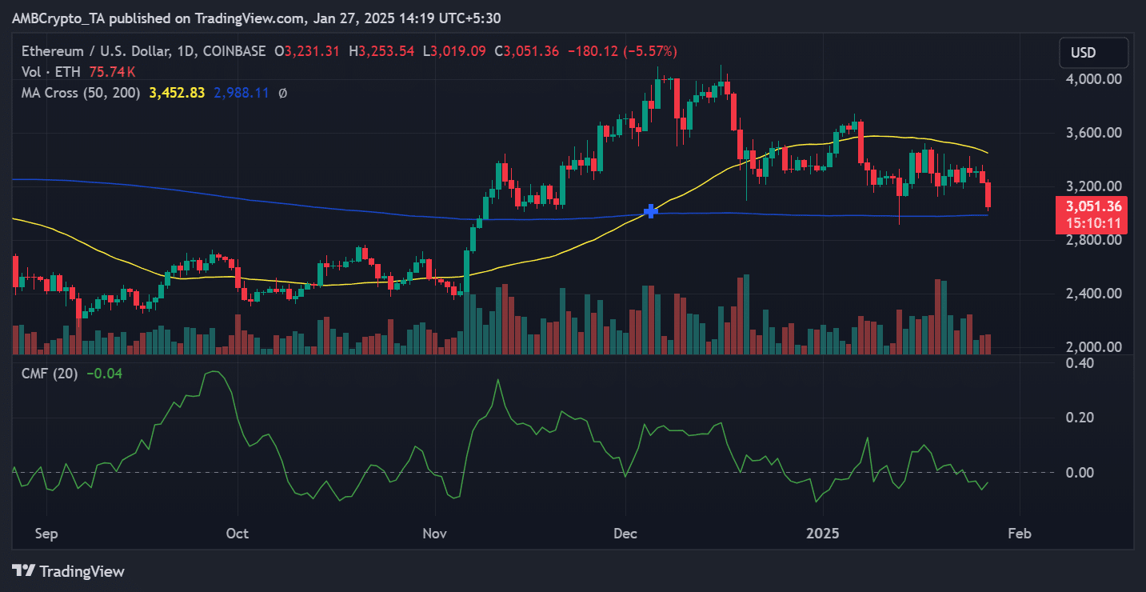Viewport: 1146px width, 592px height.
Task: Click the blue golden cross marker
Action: pyautogui.click(x=651, y=211)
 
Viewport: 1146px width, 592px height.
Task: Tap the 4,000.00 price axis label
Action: pyautogui.click(x=1094, y=79)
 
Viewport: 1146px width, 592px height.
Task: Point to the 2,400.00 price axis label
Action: pyautogui.click(x=1094, y=294)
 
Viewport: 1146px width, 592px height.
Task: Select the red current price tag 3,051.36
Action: pyautogui.click(x=1093, y=206)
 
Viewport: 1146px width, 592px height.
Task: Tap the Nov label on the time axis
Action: pyautogui.click(x=435, y=533)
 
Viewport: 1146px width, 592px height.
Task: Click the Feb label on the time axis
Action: pyautogui.click(x=1019, y=533)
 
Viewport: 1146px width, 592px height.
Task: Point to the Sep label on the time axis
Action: pyautogui.click(x=47, y=533)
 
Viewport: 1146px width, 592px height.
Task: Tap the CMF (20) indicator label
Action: pyautogui.click(x=50, y=373)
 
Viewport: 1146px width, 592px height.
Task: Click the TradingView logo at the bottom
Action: pyautogui.click(x=69, y=571)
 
